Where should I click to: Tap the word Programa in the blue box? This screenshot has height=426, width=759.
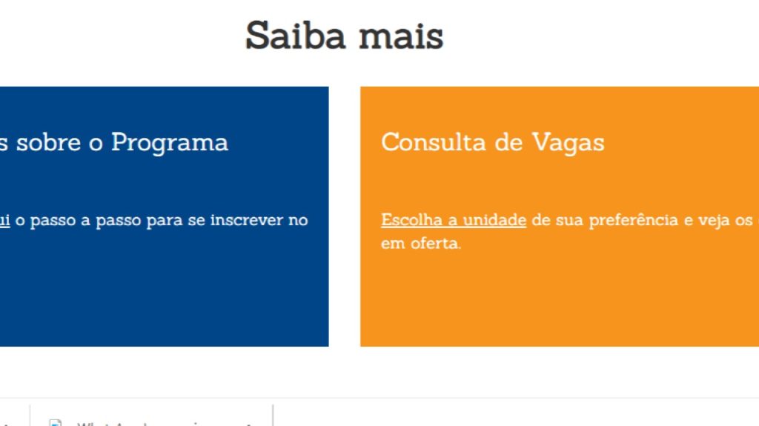click(170, 142)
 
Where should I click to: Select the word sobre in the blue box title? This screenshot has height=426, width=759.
click(49, 142)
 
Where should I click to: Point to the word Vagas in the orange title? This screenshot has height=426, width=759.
click(568, 142)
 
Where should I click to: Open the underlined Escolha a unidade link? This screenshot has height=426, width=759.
click(454, 220)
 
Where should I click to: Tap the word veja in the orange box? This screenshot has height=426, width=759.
click(715, 220)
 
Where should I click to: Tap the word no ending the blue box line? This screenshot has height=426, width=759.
click(298, 220)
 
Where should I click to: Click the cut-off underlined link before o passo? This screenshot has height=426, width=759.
click(4, 220)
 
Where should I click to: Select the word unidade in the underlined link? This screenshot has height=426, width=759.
click(494, 220)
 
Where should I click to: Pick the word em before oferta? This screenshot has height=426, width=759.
click(393, 243)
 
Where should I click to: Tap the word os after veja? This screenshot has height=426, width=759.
click(745, 220)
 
